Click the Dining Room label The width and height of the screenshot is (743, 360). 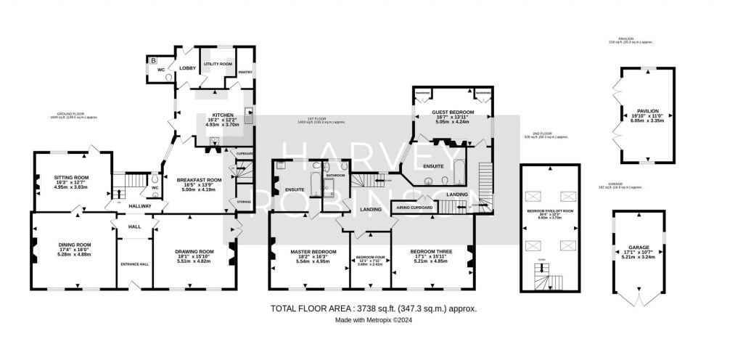(x=75, y=245)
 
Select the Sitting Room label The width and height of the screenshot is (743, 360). (x=70, y=176)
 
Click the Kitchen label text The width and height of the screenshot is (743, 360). (x=221, y=115)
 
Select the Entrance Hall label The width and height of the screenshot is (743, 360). (x=135, y=263)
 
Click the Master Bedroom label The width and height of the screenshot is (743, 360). (x=310, y=252)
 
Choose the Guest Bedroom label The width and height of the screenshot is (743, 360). (x=453, y=112)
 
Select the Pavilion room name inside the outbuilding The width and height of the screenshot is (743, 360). (x=644, y=112)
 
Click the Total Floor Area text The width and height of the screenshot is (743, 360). (x=374, y=308)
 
